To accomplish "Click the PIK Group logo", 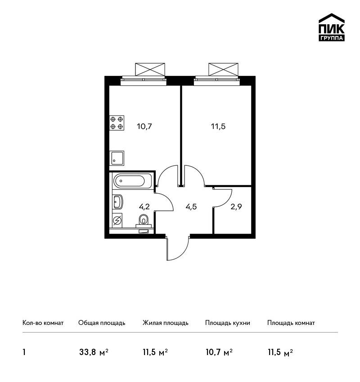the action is coord(332,27).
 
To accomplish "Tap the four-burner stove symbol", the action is coord(117,123).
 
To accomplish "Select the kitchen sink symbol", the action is coord(117,158).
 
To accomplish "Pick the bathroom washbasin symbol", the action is coord(118,202).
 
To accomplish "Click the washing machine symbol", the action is coord(117,221).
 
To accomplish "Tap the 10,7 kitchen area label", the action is coord(144,126).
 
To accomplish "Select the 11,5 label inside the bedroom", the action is coord(218,126).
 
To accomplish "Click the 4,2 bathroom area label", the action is coord(144,207).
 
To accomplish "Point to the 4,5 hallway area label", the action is coord(191,207).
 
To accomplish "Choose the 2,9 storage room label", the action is coord(236,207).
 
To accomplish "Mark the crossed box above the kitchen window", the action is coord(150,69).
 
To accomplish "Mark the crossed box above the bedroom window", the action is coord(223,69).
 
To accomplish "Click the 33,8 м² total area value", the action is coord(94,352).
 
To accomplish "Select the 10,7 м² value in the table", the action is coord(219,352).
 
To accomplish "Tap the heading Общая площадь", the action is coord(102,323).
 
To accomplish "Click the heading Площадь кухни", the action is coord(228,323).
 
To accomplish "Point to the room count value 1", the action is coord(24,352).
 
